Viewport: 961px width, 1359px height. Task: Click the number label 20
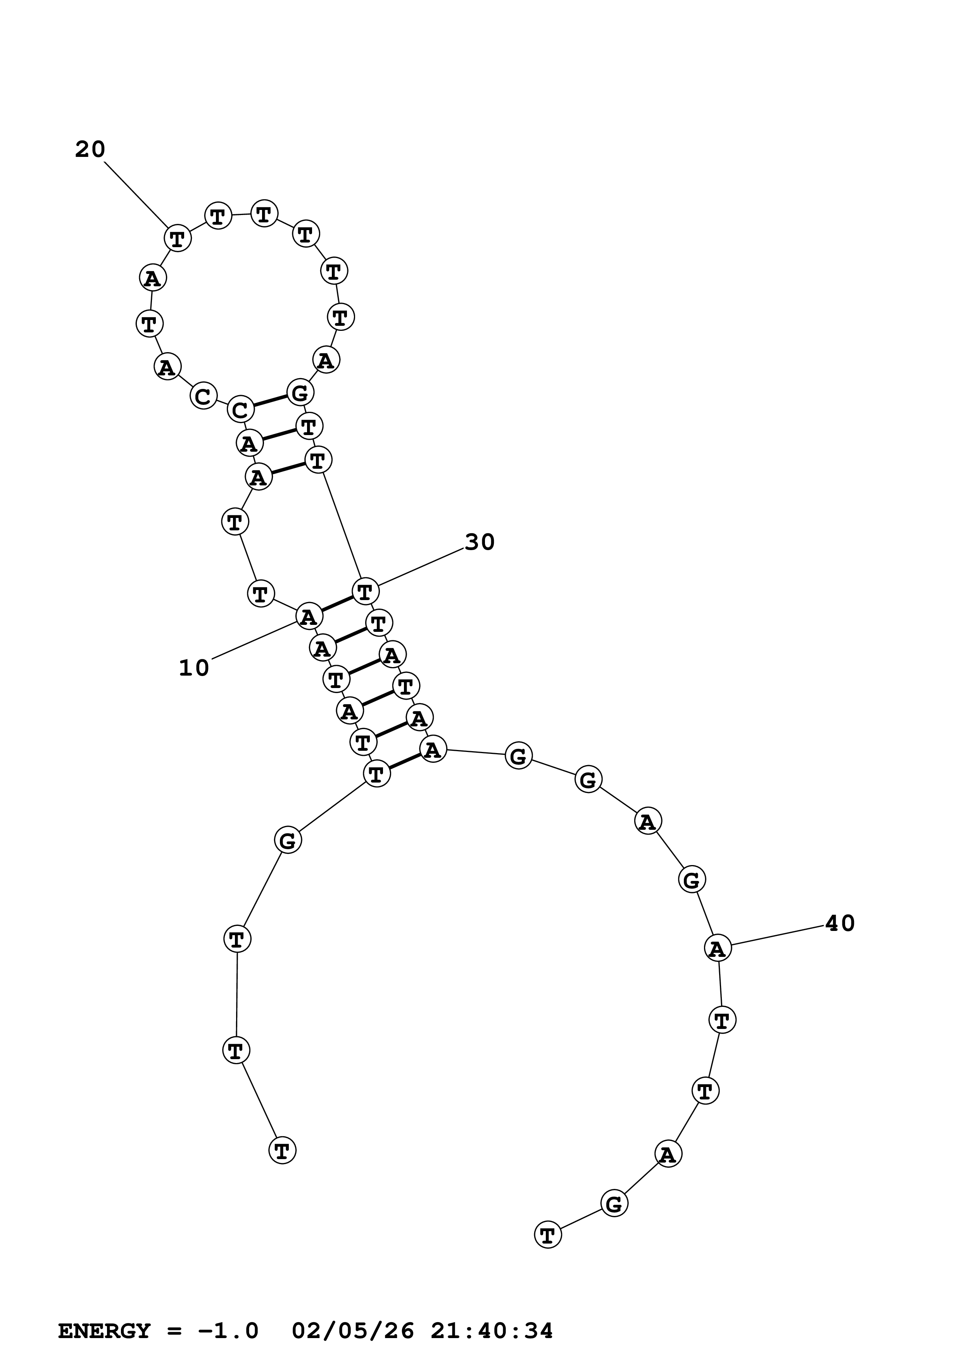tap(90, 150)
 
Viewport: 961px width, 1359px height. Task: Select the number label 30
tap(480, 542)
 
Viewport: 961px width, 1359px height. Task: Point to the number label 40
tap(840, 923)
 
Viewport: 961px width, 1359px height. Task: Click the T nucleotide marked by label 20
tap(177, 238)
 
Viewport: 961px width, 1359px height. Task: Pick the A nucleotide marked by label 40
tap(718, 948)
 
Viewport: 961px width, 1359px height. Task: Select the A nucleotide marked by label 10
tap(309, 617)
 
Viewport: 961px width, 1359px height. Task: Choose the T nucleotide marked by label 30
tap(365, 591)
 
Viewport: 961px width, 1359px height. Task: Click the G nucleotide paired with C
tap(300, 392)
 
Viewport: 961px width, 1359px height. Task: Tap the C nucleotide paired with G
tap(240, 409)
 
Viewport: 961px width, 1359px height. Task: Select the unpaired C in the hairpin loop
tap(203, 396)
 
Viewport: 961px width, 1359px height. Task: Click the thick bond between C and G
tap(270, 401)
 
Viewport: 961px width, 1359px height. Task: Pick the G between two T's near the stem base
tap(288, 840)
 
